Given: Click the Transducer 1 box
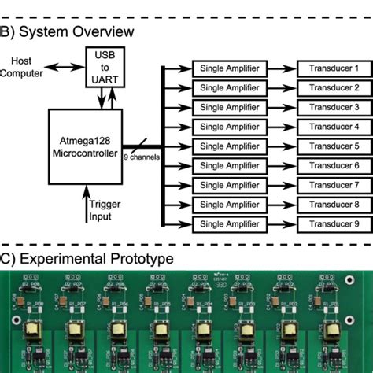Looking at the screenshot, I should coord(333,69).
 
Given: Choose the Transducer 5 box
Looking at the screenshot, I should coord(333,146).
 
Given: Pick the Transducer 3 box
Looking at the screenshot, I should coord(333,108).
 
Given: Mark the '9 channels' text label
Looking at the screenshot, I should coord(142,156).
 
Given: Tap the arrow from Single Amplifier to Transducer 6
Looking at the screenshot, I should coord(281,166).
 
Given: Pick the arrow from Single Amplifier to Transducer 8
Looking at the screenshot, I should coord(281,205).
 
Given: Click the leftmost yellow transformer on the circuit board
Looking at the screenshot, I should coord(31,328).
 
